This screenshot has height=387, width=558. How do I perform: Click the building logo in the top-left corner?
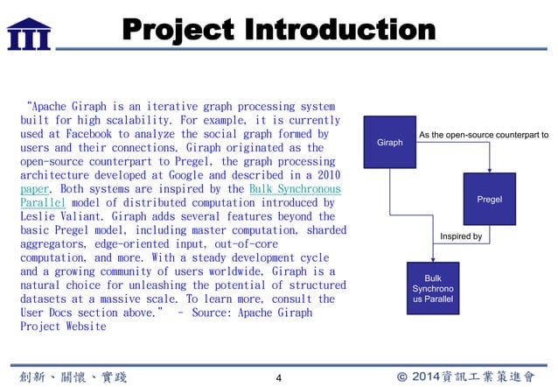[x=28, y=32]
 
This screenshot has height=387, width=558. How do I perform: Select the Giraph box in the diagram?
[x=389, y=142]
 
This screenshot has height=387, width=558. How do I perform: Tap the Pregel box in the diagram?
[x=489, y=200]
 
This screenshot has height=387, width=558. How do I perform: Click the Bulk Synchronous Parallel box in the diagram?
[x=433, y=289]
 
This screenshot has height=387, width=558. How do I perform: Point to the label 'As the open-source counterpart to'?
[x=484, y=136]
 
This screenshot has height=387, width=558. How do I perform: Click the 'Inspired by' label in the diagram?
[x=460, y=236]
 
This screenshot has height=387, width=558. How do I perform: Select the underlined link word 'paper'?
[x=34, y=188]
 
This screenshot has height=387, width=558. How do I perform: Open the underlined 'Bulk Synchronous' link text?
[x=295, y=188]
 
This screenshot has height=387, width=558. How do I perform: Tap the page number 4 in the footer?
[x=278, y=377]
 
